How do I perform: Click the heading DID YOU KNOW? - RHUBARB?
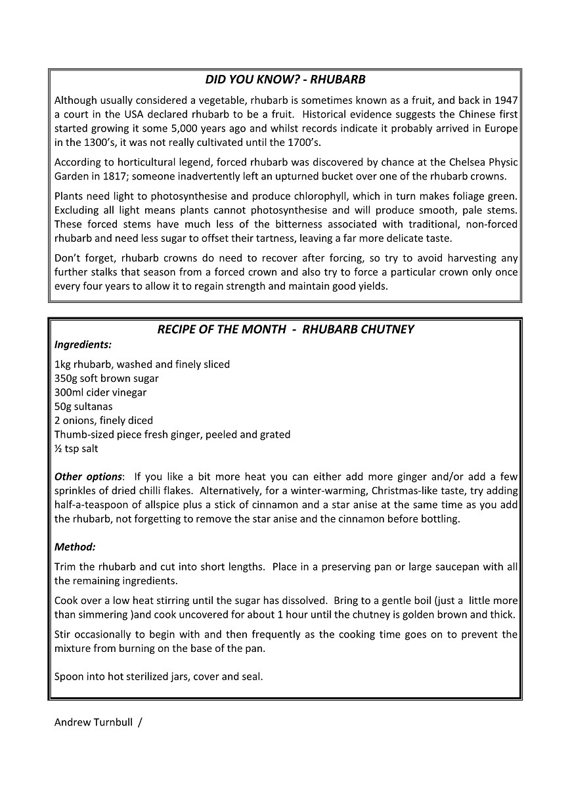285,80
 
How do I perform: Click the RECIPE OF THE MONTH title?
285,329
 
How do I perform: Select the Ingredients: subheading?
83,344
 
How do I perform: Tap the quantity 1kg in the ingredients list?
62,364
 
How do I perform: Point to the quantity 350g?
66,379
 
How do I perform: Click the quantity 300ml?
68,392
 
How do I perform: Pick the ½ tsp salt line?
76,449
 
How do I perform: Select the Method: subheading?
75,547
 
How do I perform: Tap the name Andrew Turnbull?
93,722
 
